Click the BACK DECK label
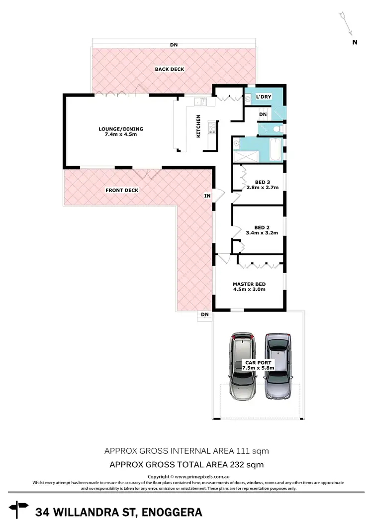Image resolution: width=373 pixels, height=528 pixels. click(x=170, y=69)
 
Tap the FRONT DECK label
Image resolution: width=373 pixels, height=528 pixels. click(x=122, y=190)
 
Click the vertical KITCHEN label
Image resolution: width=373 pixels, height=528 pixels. click(x=198, y=126)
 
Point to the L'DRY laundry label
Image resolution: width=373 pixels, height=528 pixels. click(x=264, y=97)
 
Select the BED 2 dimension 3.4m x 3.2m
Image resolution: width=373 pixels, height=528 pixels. click(x=262, y=232)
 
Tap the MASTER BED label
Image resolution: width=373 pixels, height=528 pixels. click(x=249, y=284)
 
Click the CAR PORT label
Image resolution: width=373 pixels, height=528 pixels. click(x=257, y=363)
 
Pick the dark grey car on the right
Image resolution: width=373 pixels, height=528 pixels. click(x=278, y=367)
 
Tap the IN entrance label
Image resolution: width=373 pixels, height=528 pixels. click(x=207, y=196)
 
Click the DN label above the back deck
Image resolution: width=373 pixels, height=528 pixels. click(x=174, y=45)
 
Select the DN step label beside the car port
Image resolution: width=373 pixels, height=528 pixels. click(x=204, y=314)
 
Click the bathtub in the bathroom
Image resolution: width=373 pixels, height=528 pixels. click(x=273, y=150)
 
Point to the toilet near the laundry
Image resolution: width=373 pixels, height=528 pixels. click(x=278, y=129)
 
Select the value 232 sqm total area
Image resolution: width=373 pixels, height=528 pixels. click(x=249, y=465)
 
